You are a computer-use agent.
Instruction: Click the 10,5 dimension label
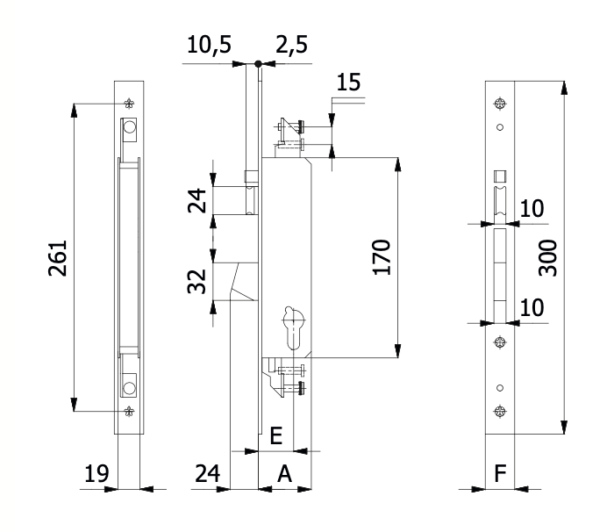tap(209, 45)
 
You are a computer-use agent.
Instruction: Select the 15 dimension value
tap(348, 83)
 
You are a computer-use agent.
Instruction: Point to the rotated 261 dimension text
tap(54, 257)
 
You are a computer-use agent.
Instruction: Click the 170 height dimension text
tap(382, 255)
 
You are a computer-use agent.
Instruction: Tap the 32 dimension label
tap(199, 284)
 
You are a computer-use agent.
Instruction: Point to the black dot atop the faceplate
tap(258, 63)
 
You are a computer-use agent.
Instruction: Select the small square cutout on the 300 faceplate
tap(500, 175)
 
